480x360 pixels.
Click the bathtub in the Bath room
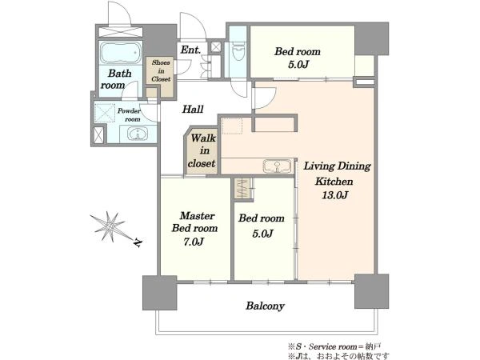(121, 52)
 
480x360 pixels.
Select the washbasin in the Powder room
(138, 134)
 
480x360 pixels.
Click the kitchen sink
(277, 166)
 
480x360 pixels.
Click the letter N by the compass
(138, 242)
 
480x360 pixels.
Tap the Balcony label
(265, 306)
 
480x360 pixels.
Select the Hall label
(193, 109)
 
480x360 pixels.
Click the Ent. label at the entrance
(190, 50)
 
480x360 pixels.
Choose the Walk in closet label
(202, 150)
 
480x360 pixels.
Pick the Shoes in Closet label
(161, 70)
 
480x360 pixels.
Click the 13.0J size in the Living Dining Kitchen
(334, 195)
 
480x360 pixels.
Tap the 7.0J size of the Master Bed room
(194, 242)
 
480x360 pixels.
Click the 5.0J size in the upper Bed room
(298, 65)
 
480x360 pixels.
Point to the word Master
(197, 216)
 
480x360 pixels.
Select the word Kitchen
(334, 182)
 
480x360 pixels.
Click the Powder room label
(129, 114)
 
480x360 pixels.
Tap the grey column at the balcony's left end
(159, 292)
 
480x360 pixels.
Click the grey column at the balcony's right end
(372, 291)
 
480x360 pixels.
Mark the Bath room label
(117, 79)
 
